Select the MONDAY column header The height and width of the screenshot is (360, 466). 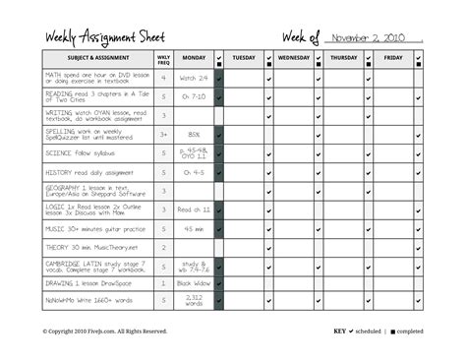[194, 59]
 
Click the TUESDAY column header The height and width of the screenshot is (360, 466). [243, 59]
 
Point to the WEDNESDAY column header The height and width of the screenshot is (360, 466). [293, 59]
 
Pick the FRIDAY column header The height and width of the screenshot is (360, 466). [393, 59]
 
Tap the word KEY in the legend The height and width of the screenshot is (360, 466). [340, 331]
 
